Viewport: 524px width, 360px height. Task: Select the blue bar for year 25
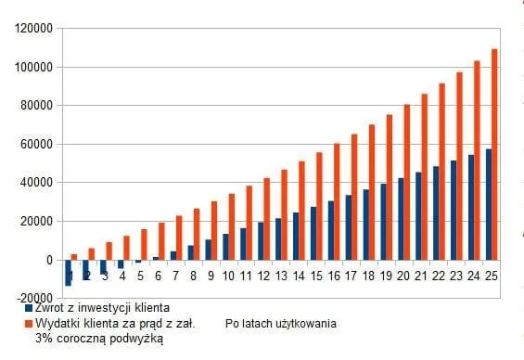click(488, 204)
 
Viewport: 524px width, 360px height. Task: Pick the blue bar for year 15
click(313, 233)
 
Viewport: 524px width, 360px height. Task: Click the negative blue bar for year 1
click(68, 273)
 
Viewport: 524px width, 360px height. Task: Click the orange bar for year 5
click(144, 244)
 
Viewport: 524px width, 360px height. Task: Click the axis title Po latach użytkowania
click(280, 324)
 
